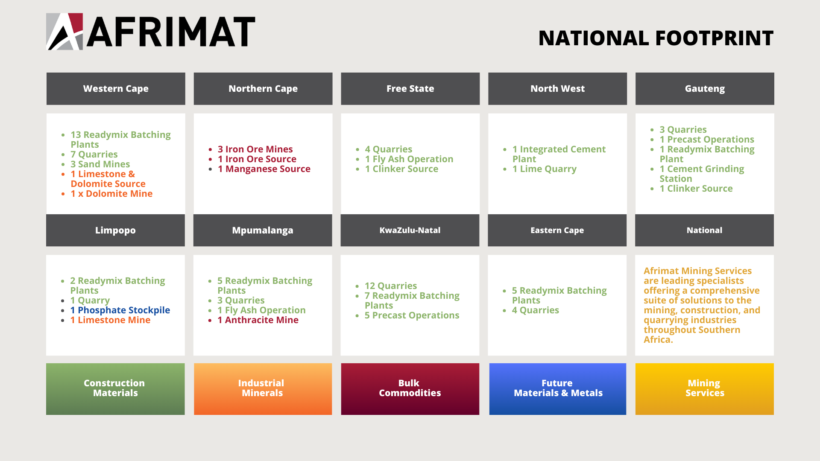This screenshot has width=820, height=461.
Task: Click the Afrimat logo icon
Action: pyautogui.click(x=64, y=32)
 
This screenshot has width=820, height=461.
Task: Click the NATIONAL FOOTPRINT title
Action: pyautogui.click(x=656, y=38)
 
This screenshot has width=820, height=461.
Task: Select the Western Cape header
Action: pyautogui.click(x=116, y=89)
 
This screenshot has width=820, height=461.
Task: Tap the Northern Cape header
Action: pyautogui.click(x=263, y=89)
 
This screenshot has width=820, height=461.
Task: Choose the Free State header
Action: pyautogui.click(x=410, y=89)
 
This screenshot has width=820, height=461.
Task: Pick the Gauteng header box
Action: pyautogui.click(x=705, y=89)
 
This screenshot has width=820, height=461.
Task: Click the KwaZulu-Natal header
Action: pyautogui.click(x=410, y=230)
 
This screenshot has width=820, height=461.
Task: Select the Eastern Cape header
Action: pyautogui.click(x=557, y=230)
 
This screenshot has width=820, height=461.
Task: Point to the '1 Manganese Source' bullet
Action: pyautogui.click(x=264, y=169)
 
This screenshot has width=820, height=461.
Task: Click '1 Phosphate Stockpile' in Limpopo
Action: pyautogui.click(x=120, y=310)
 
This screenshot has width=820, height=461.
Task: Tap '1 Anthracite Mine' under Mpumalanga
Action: pyautogui.click(x=258, y=320)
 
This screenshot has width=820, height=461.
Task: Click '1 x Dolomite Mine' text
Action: pyautogui.click(x=111, y=194)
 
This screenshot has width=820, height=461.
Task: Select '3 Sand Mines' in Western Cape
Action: pyautogui.click(x=100, y=164)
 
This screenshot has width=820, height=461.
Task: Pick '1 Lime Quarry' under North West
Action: pyautogui.click(x=545, y=169)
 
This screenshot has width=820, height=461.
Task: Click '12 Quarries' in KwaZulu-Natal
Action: pyautogui.click(x=391, y=286)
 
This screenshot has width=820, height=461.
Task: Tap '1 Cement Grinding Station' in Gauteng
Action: pyautogui.click(x=702, y=174)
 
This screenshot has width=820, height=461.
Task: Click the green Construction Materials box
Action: pyautogui.click(x=115, y=389)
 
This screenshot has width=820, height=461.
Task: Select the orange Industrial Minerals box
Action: pyautogui.click(x=263, y=389)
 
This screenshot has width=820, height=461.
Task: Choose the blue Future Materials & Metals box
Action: pyautogui.click(x=558, y=389)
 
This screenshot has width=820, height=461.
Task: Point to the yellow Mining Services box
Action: pyautogui.click(x=705, y=389)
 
